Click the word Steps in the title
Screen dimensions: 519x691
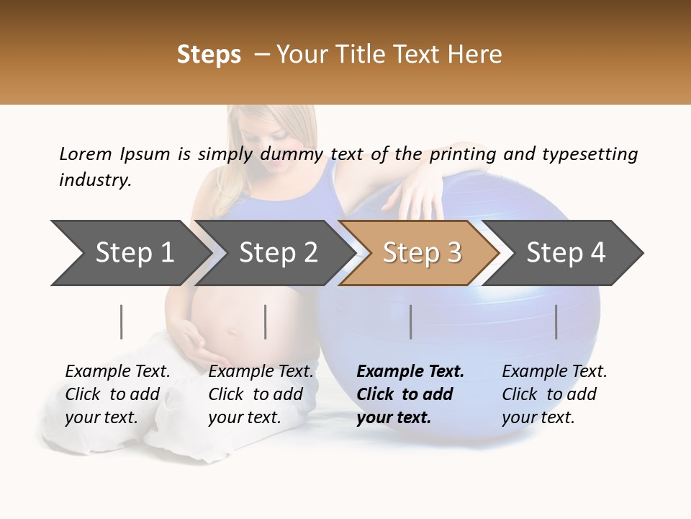209,55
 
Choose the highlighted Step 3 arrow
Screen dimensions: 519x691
422,253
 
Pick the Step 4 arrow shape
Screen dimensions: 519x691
566,253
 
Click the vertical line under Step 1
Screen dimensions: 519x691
122,321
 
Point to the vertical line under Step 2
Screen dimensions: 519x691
266,321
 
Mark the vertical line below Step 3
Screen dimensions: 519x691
411,321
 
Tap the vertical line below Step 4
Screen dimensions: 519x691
556,321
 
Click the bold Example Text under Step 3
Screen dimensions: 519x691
410,372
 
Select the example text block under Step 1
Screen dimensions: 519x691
117,394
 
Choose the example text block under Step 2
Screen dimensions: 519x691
261,394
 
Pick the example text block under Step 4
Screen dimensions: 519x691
554,394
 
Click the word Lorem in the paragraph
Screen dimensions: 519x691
86,154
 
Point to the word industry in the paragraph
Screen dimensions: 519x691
94,180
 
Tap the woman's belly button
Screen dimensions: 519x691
232,332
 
